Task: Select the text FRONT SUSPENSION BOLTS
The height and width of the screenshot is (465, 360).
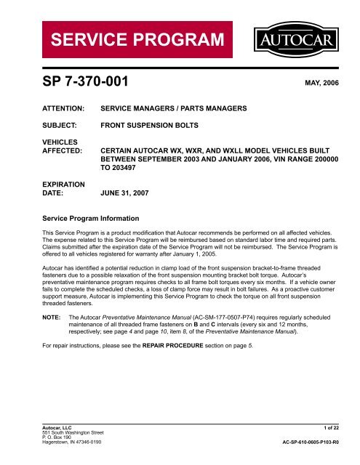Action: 151,124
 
